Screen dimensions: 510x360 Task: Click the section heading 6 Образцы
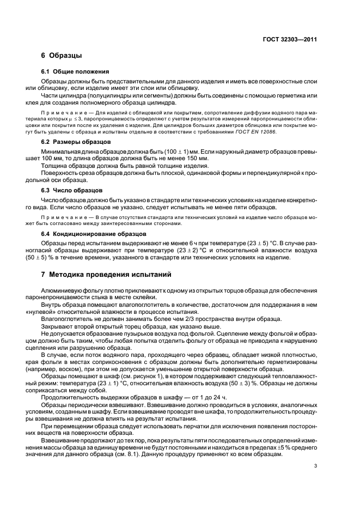pos(62,56)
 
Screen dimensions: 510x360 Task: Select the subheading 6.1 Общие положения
pos(75,71)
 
